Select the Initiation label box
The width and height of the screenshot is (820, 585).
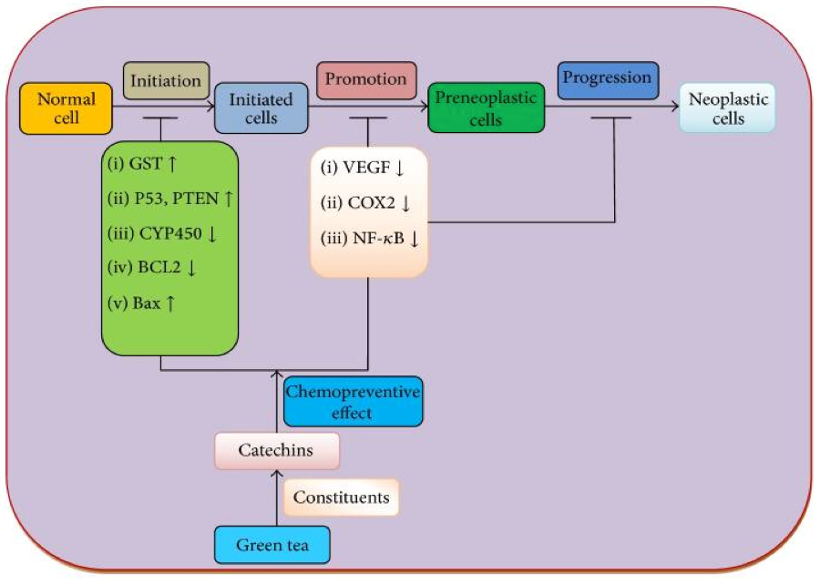click(x=166, y=81)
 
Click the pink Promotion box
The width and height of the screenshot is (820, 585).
click(x=366, y=80)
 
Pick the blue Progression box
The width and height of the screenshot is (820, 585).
click(x=607, y=78)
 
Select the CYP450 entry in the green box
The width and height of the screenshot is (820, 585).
click(x=163, y=234)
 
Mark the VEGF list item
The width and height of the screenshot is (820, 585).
click(x=365, y=169)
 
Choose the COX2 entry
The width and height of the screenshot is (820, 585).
click(x=365, y=203)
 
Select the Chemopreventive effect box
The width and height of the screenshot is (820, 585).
click(x=353, y=402)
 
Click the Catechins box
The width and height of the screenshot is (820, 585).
click(x=276, y=450)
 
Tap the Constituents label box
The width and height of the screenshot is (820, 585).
click(x=341, y=498)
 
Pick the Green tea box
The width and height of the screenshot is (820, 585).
click(x=272, y=546)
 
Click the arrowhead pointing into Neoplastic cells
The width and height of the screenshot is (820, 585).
click(x=675, y=108)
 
